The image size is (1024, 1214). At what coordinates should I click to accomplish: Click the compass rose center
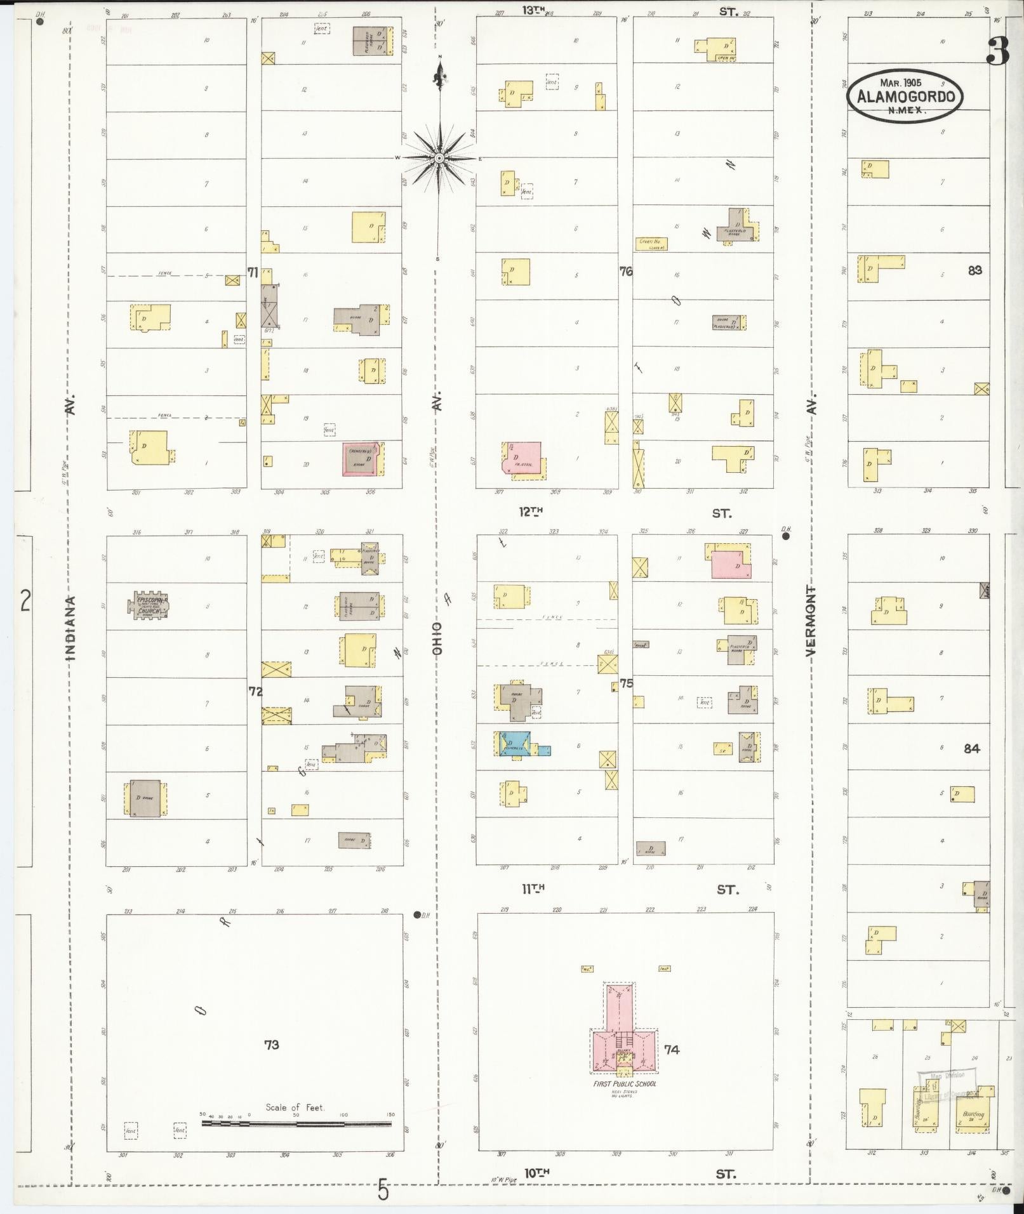439,157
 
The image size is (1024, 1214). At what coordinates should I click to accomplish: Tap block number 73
272,1044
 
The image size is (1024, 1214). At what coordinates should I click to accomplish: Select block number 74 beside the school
672,1050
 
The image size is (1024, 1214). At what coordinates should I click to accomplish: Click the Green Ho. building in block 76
651,242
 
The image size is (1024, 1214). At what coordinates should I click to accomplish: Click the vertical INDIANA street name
70,628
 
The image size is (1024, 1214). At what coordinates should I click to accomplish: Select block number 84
971,748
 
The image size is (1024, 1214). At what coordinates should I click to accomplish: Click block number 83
974,270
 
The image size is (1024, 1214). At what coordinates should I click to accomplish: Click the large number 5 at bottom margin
383,1189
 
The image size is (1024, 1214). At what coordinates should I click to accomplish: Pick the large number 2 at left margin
25,600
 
